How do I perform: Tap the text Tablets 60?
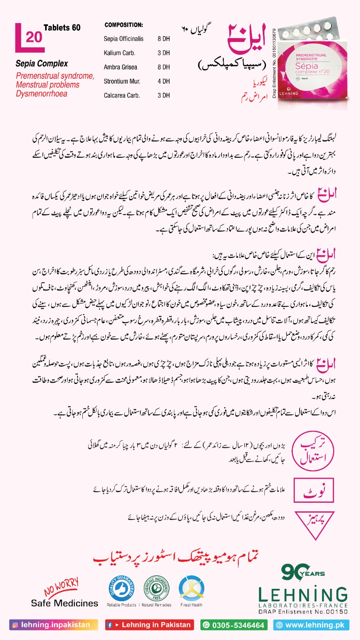[62, 28]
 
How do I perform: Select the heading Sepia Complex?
[42, 64]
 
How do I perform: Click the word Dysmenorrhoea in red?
[42, 94]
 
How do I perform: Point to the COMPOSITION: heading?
[124, 25]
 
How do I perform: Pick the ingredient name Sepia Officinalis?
[124, 39]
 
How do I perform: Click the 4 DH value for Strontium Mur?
[164, 81]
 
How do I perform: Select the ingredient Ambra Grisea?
[120, 67]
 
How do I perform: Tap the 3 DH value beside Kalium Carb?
[164, 53]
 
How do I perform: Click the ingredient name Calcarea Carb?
[122, 96]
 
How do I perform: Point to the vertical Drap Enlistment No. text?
[274, 63]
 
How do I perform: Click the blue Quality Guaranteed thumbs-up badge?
[120, 589]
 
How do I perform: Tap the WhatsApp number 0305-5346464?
[234, 625]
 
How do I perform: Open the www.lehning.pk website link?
[311, 625]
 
